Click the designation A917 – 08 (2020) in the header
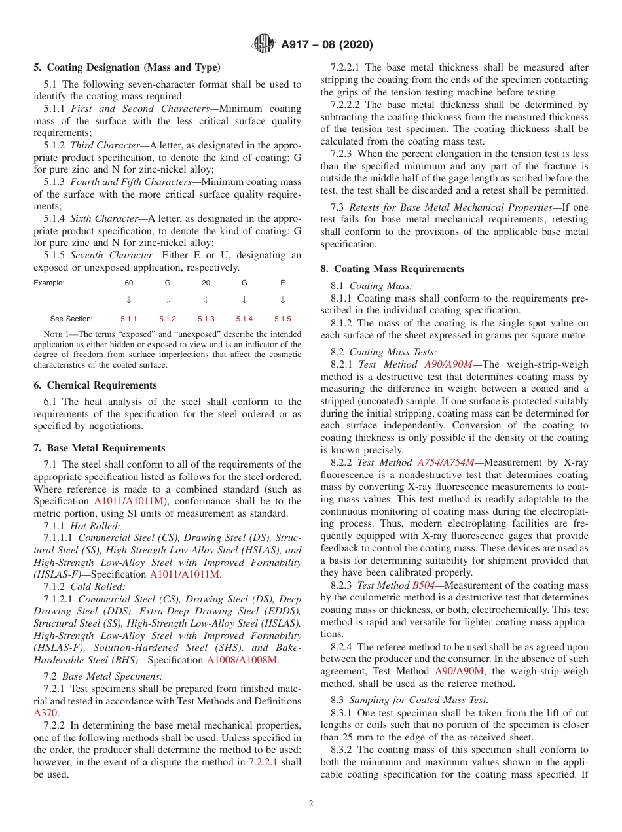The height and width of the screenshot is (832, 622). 327,45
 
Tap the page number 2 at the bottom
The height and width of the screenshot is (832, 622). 311,804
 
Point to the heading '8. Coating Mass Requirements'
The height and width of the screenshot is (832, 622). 392,269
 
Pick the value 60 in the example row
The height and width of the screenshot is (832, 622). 129,283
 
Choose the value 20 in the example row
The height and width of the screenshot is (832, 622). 206,283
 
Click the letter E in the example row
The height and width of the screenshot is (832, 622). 283,283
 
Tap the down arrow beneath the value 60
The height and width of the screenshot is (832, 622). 129,300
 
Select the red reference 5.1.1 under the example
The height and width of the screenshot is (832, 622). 129,319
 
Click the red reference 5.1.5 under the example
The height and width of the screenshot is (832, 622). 283,319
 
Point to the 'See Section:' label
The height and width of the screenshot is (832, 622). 71,319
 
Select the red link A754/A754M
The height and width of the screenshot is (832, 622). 446,462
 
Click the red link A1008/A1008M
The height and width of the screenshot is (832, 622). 242,660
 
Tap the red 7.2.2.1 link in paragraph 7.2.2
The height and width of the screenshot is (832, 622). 265,762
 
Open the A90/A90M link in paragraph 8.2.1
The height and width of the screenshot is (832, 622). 448,364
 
